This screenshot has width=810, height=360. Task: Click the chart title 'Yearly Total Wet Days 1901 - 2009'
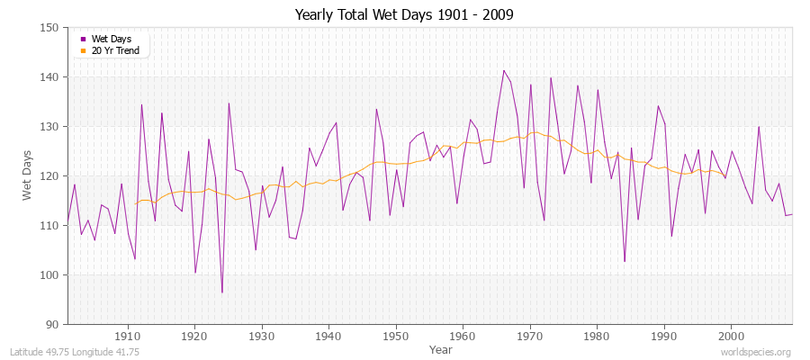coord(404,15)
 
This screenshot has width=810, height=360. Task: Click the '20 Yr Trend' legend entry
coord(114,50)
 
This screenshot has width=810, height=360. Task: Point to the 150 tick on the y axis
coord(51,28)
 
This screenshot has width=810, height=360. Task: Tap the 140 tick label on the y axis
coord(51,77)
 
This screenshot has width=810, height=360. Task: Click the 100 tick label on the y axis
coord(51,274)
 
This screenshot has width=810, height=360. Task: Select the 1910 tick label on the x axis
coord(128,336)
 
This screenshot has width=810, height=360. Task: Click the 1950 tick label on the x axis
coord(395,336)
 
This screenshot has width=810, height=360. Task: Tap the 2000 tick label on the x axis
coord(730,336)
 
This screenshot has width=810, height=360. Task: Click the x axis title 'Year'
coord(441,348)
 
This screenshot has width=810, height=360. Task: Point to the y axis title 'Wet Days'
coord(28,176)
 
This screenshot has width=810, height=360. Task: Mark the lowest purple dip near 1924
coord(222,292)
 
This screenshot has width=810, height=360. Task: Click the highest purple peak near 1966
coord(504,70)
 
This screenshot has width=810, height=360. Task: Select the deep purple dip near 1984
coord(625,262)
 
